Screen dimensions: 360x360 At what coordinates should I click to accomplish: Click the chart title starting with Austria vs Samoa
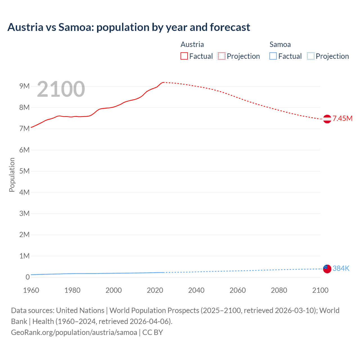129,27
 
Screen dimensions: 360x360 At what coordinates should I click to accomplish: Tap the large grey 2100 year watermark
61,89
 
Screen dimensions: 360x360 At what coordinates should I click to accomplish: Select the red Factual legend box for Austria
184,56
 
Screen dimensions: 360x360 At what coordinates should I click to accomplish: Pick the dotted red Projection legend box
222,56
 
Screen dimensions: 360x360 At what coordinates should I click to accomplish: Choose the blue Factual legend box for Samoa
273,56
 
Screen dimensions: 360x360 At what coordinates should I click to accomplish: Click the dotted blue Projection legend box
310,56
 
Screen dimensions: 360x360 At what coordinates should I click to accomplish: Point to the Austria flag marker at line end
327,119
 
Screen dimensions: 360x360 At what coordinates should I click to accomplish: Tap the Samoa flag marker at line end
327,269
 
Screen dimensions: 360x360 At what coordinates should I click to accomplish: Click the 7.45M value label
342,118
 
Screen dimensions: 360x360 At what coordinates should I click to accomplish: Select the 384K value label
341,268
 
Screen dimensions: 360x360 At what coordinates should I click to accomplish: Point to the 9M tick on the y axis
24,86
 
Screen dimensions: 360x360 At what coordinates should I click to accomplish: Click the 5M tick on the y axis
24,171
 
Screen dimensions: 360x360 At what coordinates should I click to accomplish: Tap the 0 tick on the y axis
28,277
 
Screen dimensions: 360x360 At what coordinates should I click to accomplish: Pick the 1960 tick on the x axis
31,290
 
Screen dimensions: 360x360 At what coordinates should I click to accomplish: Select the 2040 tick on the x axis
196,290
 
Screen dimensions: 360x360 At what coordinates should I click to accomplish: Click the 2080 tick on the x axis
279,290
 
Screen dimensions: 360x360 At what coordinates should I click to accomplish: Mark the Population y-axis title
12,175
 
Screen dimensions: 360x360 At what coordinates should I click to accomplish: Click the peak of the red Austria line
163,82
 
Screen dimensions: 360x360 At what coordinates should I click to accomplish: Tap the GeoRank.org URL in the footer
74,332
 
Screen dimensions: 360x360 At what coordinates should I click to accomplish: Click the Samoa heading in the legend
280,44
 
